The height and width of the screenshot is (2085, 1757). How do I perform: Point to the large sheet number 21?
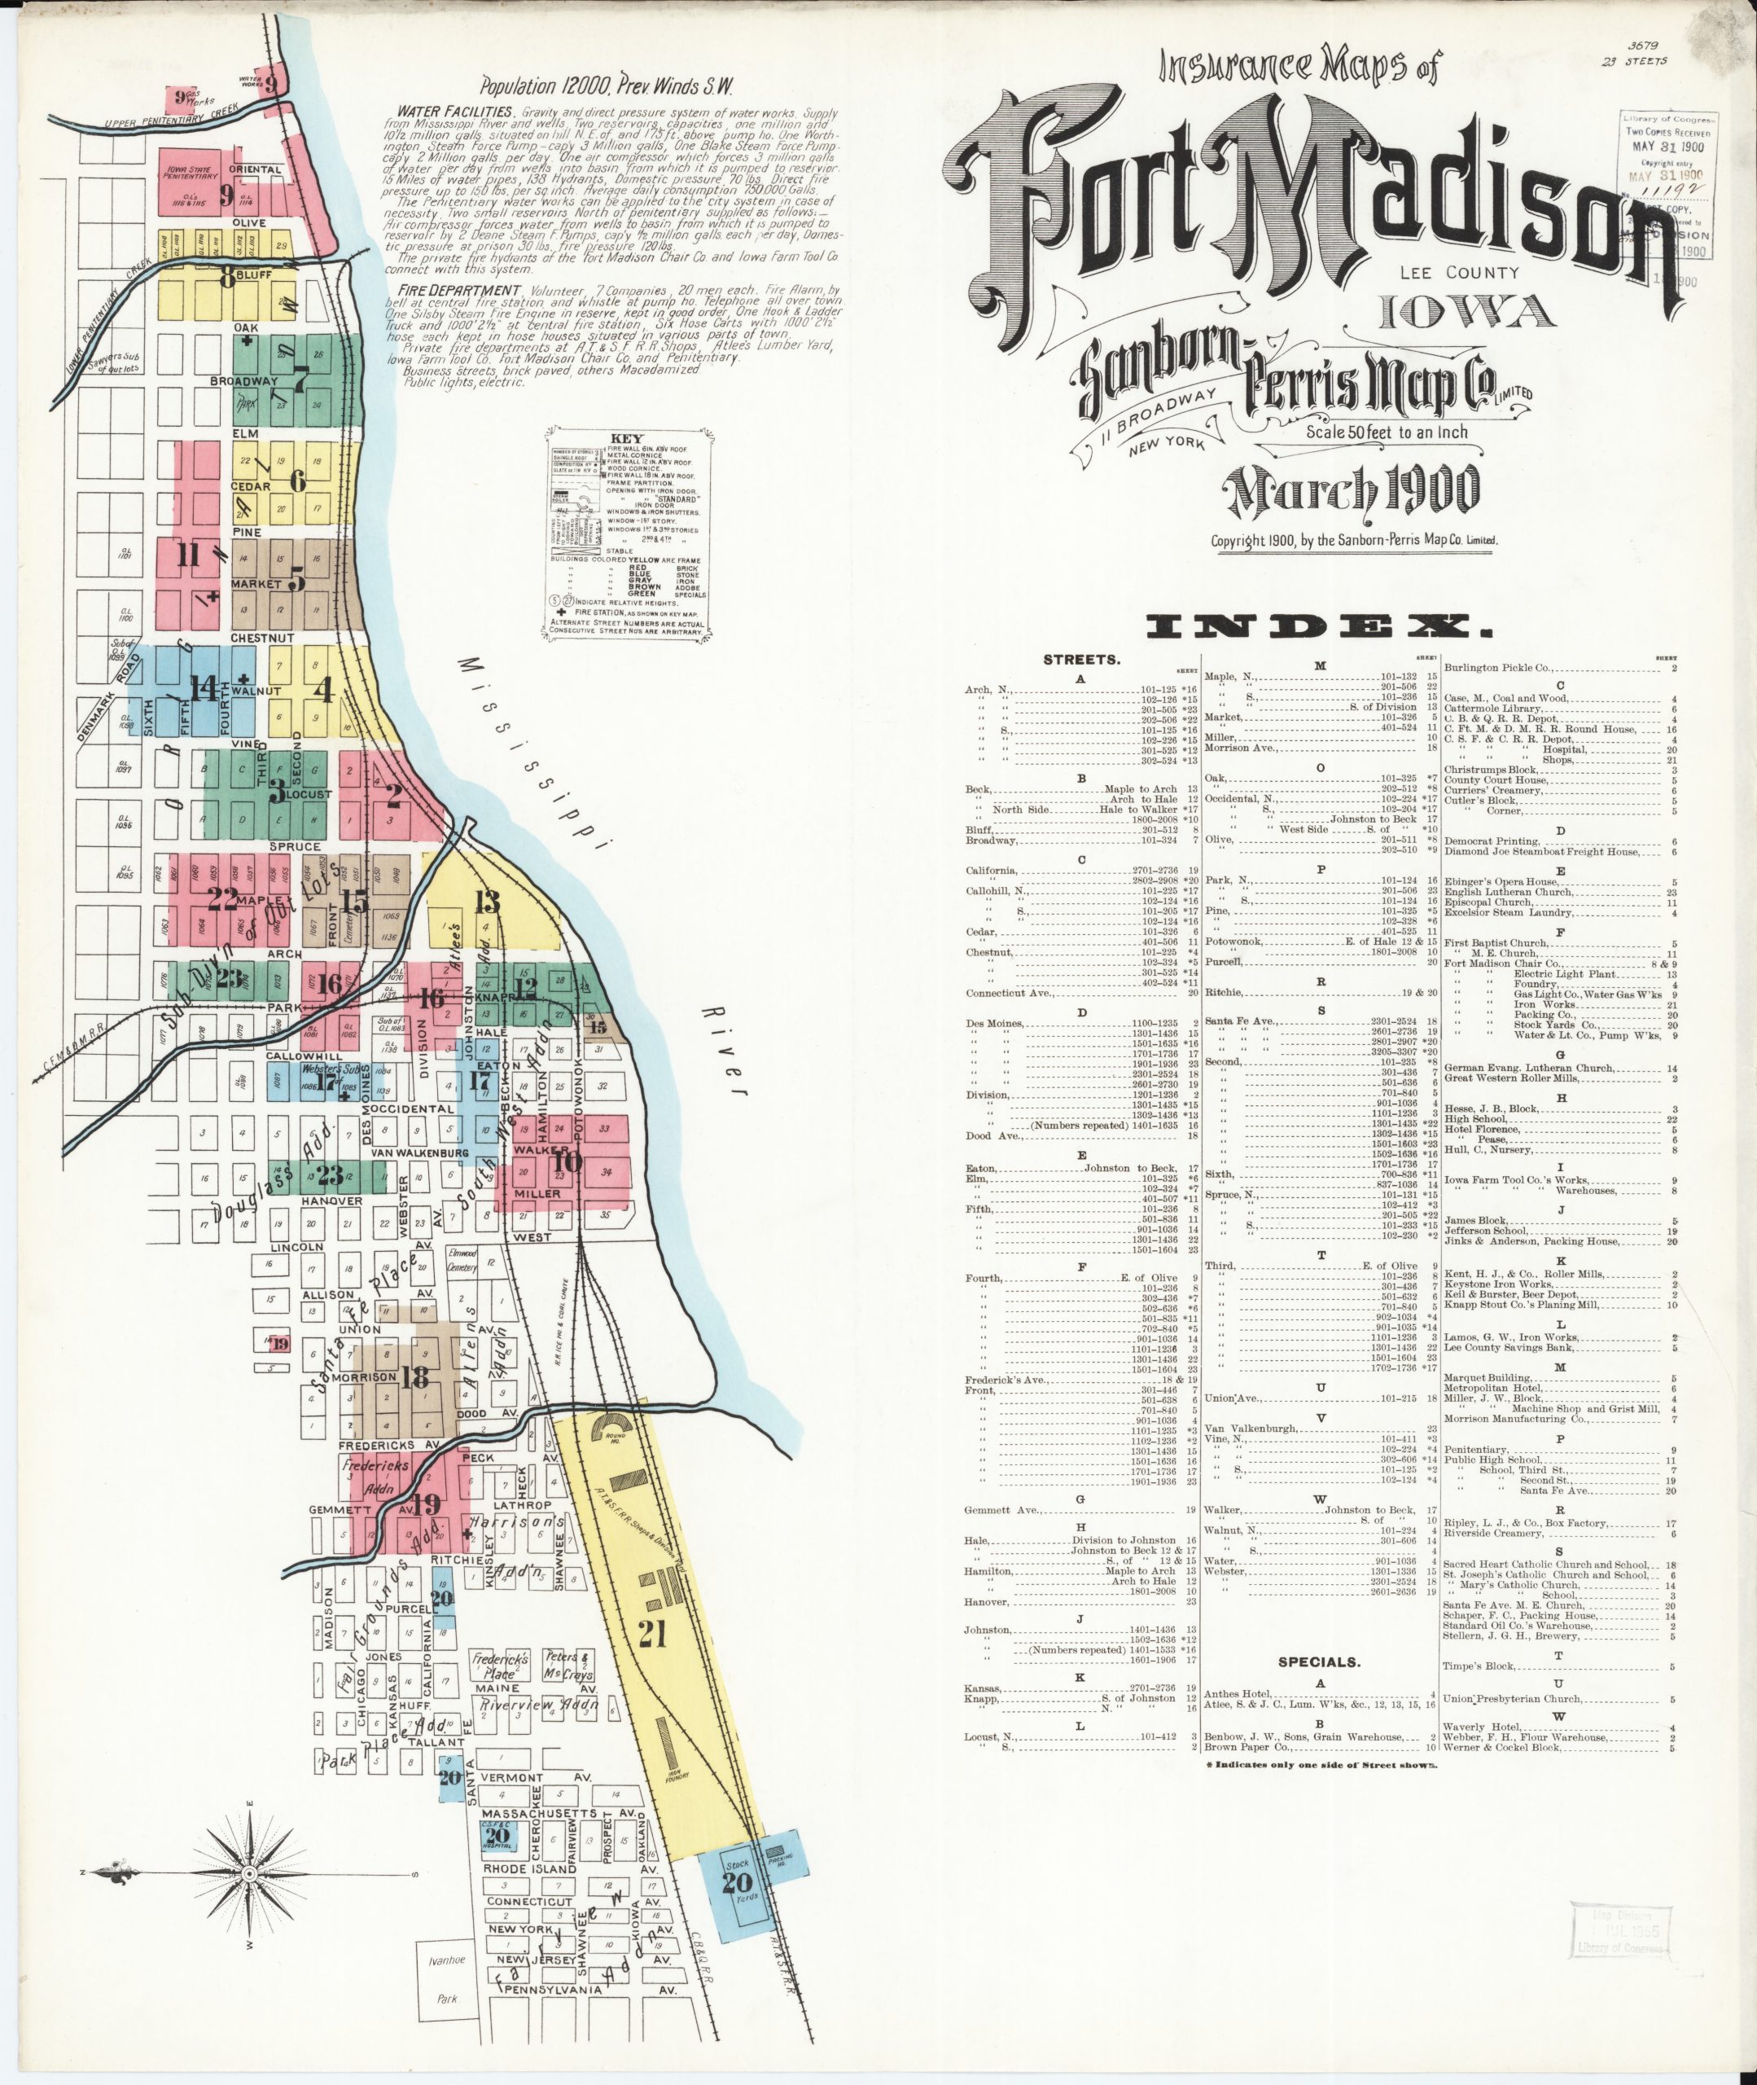tap(651, 1633)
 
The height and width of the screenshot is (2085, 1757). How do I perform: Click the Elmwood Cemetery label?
tap(464, 1258)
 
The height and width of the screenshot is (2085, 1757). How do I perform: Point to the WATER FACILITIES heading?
tap(454, 112)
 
